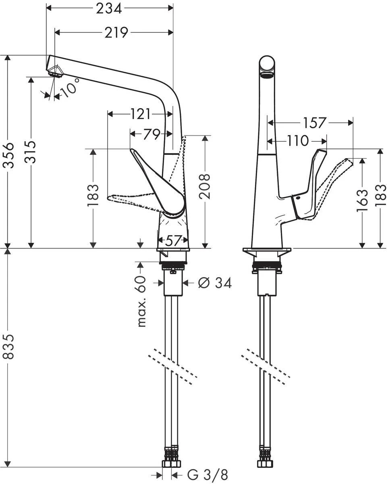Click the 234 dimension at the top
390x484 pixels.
(109, 8)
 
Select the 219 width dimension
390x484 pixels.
(116, 32)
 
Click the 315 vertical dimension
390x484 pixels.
(31, 152)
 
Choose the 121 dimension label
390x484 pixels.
(140, 115)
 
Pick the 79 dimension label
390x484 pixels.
(151, 134)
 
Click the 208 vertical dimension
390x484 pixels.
(205, 186)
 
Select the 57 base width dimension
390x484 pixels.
(173, 240)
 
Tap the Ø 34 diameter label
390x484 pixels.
(215, 283)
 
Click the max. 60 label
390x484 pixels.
(141, 301)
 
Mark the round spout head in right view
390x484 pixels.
(267, 66)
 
